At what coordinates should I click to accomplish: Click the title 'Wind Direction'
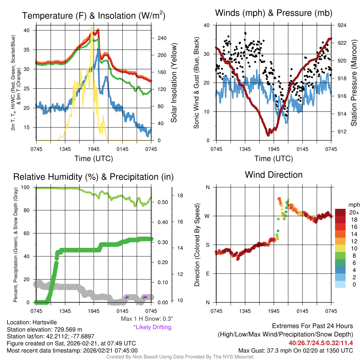(274, 175)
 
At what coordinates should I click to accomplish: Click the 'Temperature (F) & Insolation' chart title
(94, 16)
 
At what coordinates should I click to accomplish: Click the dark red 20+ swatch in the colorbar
(341, 212)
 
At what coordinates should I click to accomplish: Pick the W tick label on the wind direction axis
(207, 216)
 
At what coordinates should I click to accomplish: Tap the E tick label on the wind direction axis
(207, 274)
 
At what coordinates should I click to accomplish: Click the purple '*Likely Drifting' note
(152, 327)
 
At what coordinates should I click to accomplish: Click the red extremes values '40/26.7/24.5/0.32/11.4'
(321, 343)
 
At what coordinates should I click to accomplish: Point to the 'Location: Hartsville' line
(32, 322)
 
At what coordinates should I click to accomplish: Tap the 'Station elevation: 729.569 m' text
(44, 329)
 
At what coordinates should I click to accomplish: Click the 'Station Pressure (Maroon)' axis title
(354, 83)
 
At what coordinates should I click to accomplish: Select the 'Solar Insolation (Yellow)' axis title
(174, 83)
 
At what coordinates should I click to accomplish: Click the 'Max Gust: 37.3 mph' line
(295, 350)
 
